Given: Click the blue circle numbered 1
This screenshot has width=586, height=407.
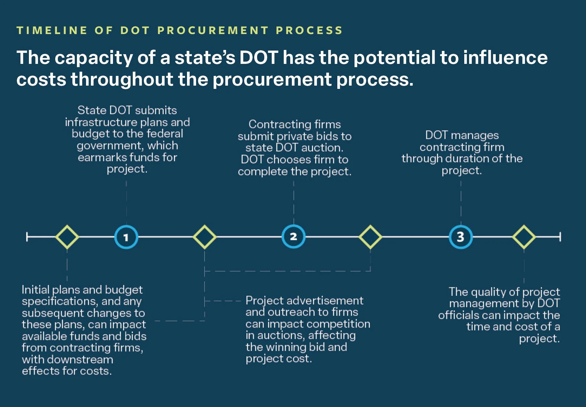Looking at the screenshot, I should pos(126,237).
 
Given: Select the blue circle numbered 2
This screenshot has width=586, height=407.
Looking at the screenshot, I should pos(293,237).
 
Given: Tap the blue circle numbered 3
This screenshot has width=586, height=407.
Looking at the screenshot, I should pos(461,237).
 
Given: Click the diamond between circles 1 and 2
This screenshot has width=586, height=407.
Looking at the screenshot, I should pos(205,237).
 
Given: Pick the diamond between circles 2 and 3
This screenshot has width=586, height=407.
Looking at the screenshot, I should pos(370,237).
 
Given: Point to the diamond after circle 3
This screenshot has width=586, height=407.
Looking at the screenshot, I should pos(524,237).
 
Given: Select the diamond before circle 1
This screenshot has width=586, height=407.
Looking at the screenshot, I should pos(67,237).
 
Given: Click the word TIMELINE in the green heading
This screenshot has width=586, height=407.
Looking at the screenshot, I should pos(52,30).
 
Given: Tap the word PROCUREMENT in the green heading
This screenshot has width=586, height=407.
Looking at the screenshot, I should pos(213,30).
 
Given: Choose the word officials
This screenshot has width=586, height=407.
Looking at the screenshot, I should pos(458,315).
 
